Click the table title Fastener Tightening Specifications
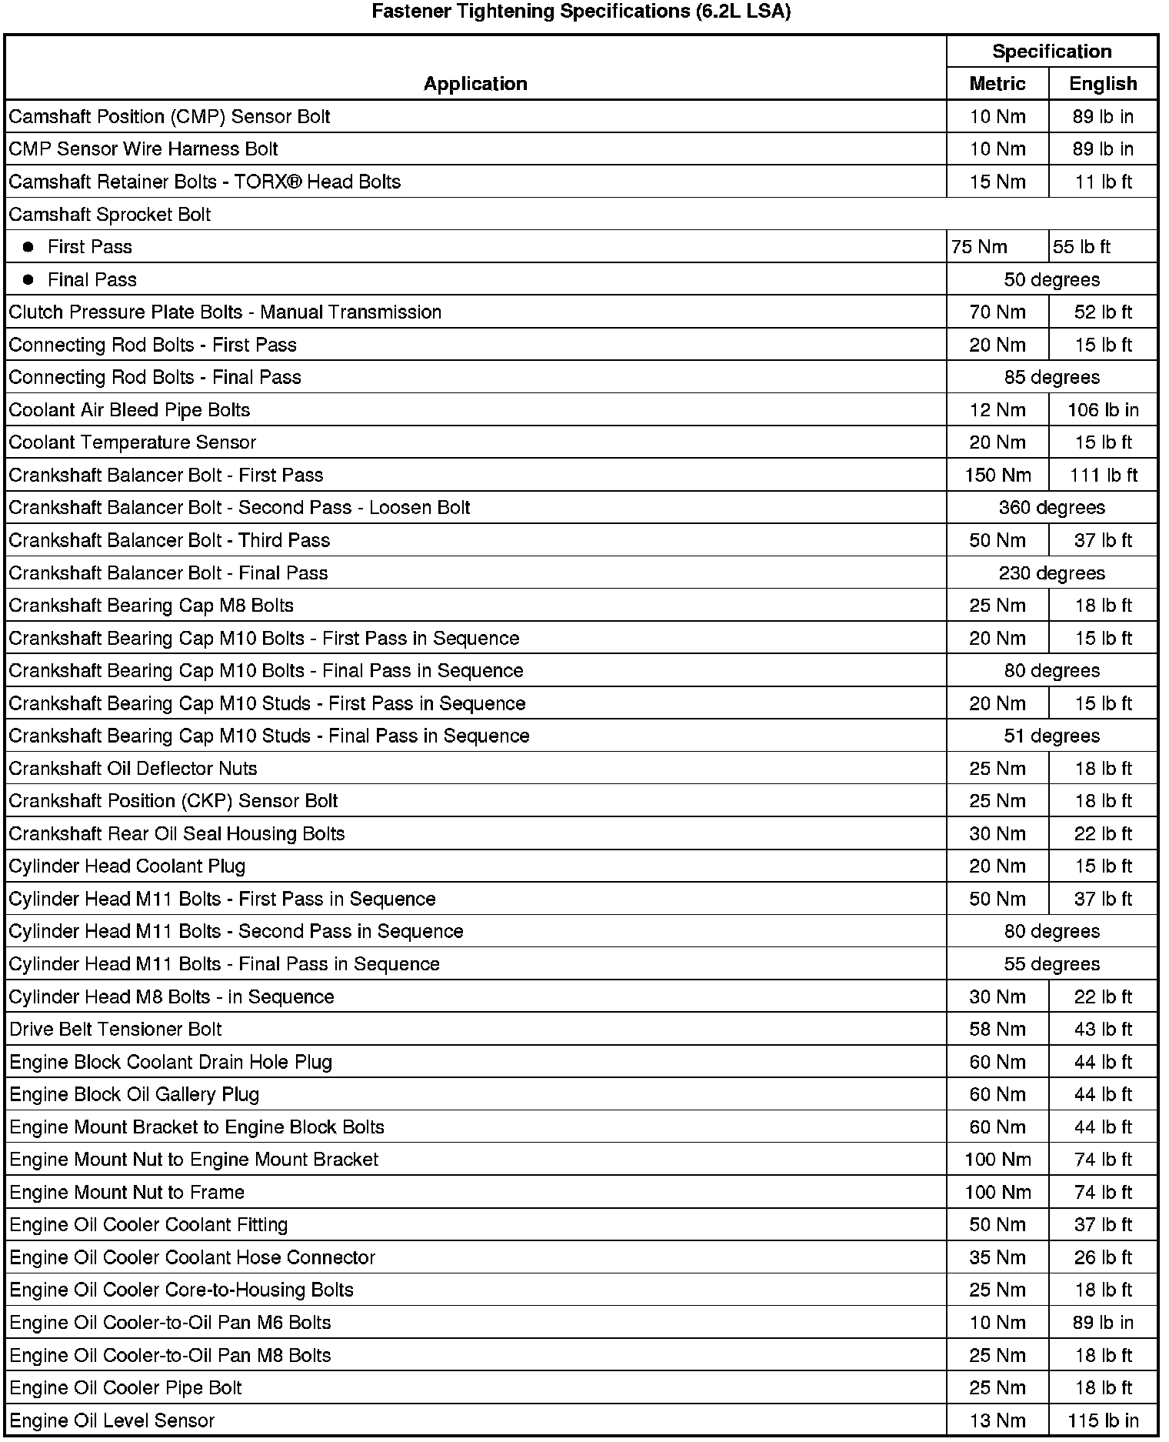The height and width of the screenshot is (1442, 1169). tap(581, 12)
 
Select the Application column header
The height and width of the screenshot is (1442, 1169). tap(475, 84)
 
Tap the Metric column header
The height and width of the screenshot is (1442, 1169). tap(997, 84)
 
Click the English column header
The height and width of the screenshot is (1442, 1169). tap(1103, 84)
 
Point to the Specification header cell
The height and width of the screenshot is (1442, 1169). tap(1051, 52)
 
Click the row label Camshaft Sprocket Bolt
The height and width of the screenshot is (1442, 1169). tap(110, 215)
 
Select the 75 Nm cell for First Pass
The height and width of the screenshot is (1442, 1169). tap(978, 247)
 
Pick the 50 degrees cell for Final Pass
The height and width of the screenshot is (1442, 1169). tap(1051, 280)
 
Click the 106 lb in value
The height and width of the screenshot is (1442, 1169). tap(1103, 410)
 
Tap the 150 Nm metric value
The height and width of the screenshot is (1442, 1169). tap(997, 476)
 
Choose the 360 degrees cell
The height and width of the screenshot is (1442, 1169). tap(1051, 508)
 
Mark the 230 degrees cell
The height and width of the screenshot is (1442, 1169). tap(1051, 573)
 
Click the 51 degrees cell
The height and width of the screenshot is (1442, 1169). tap(1051, 736)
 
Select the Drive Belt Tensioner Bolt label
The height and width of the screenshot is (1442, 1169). tap(115, 1030)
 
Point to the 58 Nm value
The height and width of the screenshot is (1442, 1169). tap(997, 1030)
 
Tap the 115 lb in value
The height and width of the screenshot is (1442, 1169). tap(1103, 1421)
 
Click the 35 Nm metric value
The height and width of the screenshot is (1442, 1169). tap(997, 1258)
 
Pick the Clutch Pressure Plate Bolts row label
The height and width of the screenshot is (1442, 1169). tap(225, 312)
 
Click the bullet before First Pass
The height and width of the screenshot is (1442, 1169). tap(28, 247)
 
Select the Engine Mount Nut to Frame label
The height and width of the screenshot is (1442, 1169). tap(127, 1193)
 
